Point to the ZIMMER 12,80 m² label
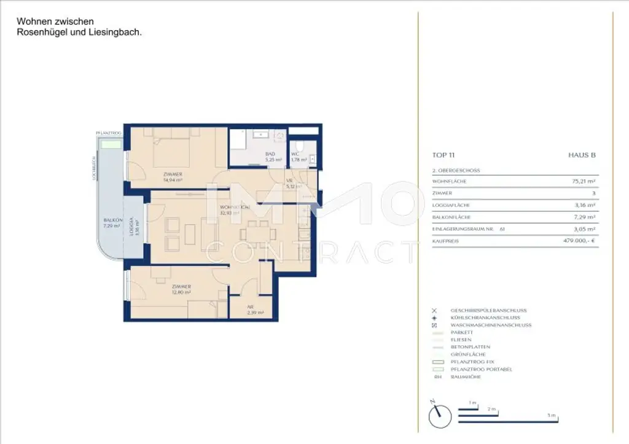(x=181, y=289)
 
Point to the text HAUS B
(x=582, y=155)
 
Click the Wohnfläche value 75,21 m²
(x=584, y=182)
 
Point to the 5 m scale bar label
(x=553, y=416)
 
